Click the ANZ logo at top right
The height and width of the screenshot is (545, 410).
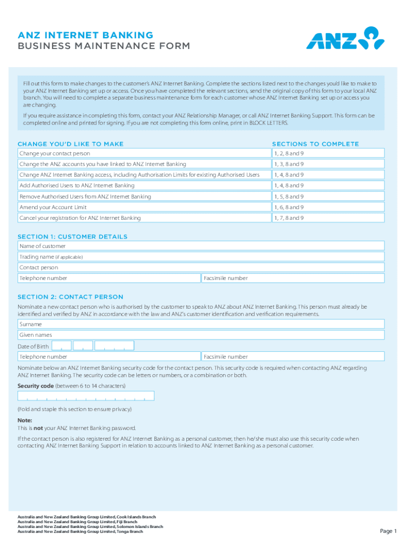pyautogui.click(x=345, y=39)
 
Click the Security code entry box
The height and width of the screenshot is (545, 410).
pyautogui.click(x=86, y=396)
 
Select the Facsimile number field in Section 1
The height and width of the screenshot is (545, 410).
pyautogui.click(x=292, y=278)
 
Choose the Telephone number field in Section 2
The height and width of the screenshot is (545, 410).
pyautogui.click(x=109, y=357)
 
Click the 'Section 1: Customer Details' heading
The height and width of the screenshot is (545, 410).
pyautogui.click(x=72, y=236)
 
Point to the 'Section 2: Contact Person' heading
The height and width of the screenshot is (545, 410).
pyautogui.click(x=70, y=297)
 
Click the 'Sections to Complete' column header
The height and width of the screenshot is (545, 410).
pyautogui.click(x=315, y=144)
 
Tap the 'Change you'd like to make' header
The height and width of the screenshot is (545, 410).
pyautogui.click(x=70, y=144)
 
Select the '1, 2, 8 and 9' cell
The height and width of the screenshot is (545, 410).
pyautogui.click(x=327, y=153)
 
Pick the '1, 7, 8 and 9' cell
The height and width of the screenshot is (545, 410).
pyautogui.click(x=327, y=218)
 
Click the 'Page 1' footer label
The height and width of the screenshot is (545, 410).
pyautogui.click(x=388, y=531)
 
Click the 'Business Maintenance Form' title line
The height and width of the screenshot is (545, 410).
pyautogui.click(x=103, y=46)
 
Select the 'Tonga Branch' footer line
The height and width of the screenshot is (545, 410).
pyautogui.click(x=80, y=532)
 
